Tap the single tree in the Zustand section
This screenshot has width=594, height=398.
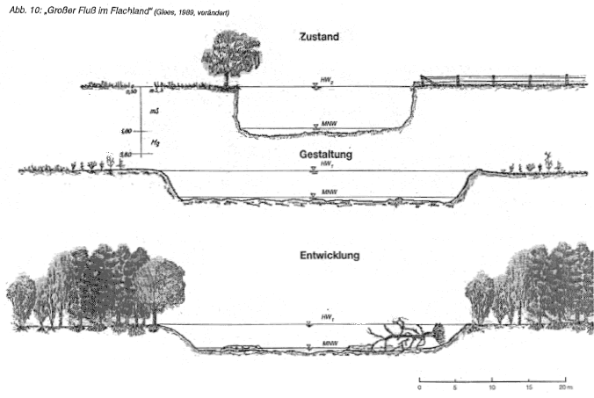point(231,54)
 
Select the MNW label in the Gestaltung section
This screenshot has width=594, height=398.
point(330,192)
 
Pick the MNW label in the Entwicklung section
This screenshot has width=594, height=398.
point(330,343)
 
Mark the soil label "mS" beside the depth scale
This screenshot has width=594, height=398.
point(155,112)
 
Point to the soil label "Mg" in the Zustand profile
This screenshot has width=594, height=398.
point(156,141)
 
